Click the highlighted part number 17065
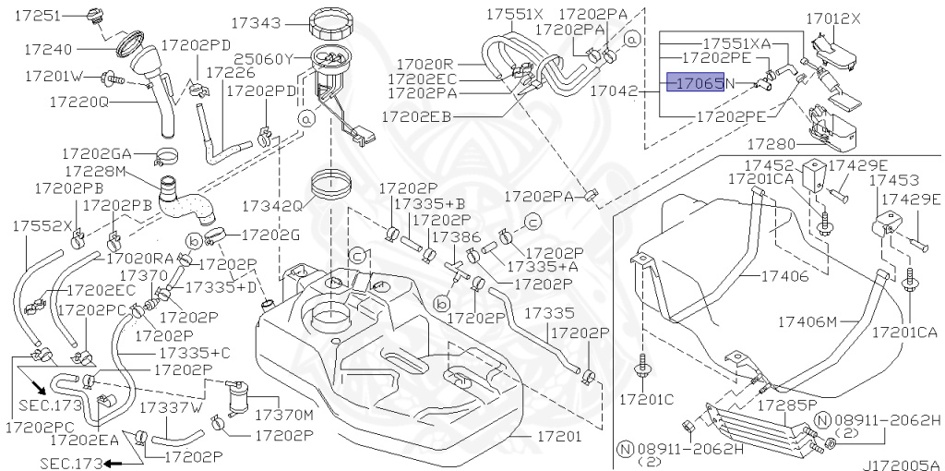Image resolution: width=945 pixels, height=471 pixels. coord(695,82)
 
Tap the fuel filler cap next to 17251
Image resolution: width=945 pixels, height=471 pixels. coord(95,16)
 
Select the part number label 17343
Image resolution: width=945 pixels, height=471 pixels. coord(257,23)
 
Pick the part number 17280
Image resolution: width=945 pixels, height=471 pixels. coord(771,144)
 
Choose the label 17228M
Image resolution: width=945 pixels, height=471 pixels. coord(94,171)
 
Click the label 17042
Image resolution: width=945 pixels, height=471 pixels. coord(613,91)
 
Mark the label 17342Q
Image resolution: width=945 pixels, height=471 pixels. coord(272,206)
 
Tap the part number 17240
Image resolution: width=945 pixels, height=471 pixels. coord(48,50)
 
